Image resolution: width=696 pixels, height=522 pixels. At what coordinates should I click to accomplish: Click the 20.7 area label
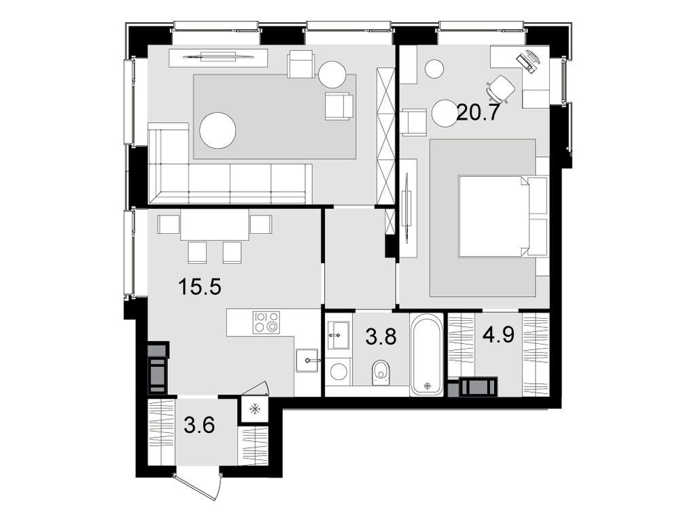(x=478, y=111)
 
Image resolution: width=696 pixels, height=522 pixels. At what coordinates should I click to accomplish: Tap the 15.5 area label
(x=200, y=287)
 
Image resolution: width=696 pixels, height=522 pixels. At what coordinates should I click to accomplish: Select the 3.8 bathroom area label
(x=380, y=337)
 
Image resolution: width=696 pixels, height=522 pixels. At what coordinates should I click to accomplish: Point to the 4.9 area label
(x=498, y=336)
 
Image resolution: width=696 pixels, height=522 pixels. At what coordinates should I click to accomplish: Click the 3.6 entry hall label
(x=200, y=426)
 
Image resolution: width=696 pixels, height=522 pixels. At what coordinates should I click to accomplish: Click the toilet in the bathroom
(x=381, y=371)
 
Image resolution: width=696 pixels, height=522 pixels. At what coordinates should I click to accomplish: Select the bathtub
(x=427, y=355)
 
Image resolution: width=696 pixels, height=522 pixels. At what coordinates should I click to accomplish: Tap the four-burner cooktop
(x=266, y=322)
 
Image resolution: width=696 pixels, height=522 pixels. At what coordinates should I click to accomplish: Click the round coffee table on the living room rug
(x=217, y=130)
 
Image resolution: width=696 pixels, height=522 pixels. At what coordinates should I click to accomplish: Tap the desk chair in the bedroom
(x=501, y=88)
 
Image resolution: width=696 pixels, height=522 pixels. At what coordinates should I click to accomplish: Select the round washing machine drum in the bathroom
(x=338, y=371)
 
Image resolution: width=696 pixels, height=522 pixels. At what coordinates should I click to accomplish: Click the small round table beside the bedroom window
(x=434, y=68)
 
